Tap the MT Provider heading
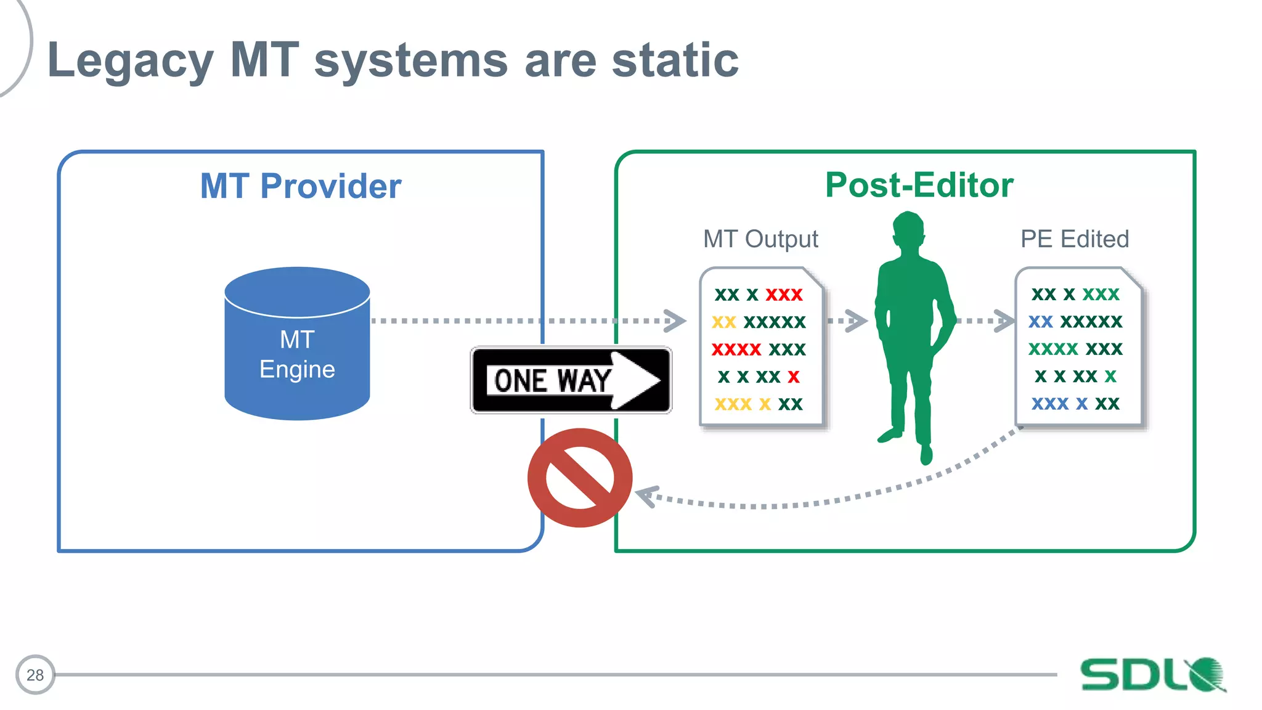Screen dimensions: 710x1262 pos(301,186)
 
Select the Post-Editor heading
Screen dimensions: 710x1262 pos(919,185)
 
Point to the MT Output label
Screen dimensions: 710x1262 pos(760,239)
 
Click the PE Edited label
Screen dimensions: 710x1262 pos(1074,239)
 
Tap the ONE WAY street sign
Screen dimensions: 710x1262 pos(571,380)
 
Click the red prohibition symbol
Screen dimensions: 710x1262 pos(579,478)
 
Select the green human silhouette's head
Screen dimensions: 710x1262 pos(908,231)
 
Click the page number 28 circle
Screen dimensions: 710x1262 pos(35,675)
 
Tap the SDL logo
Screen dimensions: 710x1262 pos(1152,674)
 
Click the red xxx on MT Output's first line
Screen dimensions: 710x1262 pos(784,295)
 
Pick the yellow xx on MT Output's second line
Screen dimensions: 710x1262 pos(724,322)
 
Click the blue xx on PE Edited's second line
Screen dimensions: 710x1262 pos(1040,322)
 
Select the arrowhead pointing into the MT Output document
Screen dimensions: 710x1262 pos(676,320)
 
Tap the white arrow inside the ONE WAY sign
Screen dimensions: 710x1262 pos(635,380)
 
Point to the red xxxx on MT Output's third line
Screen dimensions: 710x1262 pos(736,349)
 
